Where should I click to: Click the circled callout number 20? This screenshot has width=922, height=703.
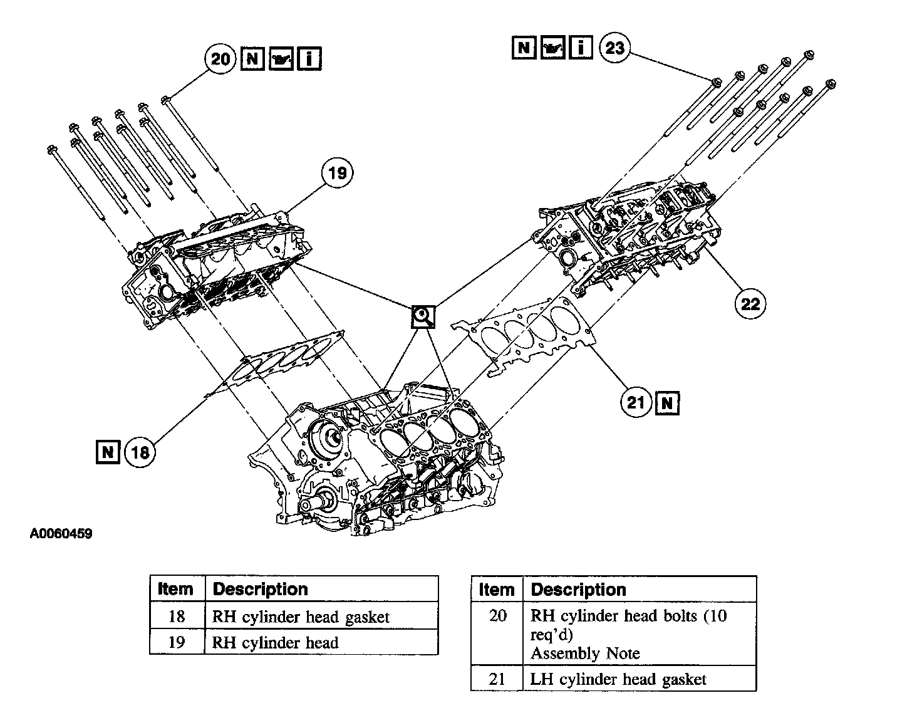tap(220, 60)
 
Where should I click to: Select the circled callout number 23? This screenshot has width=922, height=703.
tap(614, 48)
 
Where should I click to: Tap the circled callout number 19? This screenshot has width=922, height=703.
tap(337, 172)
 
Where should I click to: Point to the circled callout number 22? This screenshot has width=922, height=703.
tap(750, 304)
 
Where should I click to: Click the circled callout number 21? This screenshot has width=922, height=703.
tap(636, 402)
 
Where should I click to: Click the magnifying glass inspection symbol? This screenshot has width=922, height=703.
tap(423, 317)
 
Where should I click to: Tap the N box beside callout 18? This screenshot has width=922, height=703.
tap(108, 452)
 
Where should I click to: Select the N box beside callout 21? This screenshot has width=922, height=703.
tap(666, 402)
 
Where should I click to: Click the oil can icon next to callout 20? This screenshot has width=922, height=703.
tap(281, 60)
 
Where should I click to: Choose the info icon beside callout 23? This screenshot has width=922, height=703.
tap(581, 48)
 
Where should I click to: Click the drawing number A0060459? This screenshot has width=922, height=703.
tap(61, 534)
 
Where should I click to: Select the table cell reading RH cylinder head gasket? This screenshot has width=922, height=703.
tap(301, 617)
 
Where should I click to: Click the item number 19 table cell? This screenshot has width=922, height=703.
tap(177, 642)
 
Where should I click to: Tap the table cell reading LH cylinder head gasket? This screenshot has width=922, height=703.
tap(618, 679)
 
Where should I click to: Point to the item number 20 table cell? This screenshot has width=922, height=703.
tap(497, 616)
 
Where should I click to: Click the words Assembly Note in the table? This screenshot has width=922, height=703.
tap(585, 654)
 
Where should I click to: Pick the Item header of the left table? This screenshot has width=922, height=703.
tap(176, 589)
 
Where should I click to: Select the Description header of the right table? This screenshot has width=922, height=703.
tap(578, 590)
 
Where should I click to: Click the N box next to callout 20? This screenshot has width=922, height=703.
tap(252, 60)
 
